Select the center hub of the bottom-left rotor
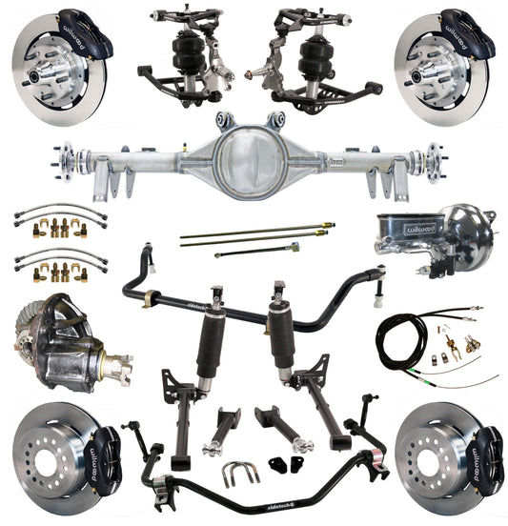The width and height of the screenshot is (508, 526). click(x=44, y=455)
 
